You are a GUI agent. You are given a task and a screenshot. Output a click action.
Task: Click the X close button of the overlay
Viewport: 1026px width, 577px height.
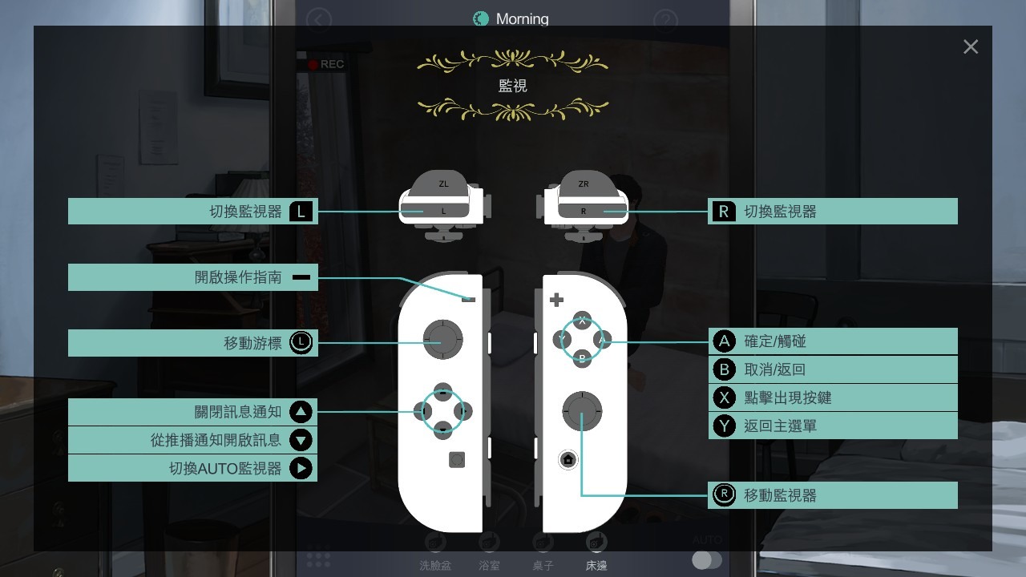[x=971, y=46]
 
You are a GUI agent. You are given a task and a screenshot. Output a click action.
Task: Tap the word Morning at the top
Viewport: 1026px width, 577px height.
[x=522, y=18]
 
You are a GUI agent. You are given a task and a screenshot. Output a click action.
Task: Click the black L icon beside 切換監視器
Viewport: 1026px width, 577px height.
[x=301, y=212]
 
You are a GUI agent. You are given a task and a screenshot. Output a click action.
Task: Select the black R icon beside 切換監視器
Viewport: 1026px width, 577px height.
[x=724, y=212]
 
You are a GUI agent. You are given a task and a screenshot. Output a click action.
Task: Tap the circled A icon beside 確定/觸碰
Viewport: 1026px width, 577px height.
[x=724, y=341]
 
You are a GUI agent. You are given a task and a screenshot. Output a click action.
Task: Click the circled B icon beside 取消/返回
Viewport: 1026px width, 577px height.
[x=724, y=369]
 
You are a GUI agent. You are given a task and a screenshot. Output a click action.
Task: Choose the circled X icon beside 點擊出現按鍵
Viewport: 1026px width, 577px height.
[x=724, y=398]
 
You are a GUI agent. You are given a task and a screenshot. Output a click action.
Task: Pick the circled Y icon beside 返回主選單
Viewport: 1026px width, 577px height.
[x=724, y=426]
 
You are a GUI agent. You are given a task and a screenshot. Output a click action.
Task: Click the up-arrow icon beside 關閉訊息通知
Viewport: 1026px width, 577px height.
[x=301, y=412]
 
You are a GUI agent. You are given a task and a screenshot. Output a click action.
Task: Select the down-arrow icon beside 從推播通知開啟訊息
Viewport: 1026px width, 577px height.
[x=301, y=440]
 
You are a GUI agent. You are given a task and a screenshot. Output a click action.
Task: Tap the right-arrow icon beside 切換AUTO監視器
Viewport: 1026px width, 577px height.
[x=301, y=469]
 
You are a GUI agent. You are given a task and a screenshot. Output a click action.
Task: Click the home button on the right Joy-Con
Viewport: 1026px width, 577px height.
[x=568, y=459]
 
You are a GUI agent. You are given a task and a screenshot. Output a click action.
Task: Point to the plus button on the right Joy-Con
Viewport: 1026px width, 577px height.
[x=556, y=300]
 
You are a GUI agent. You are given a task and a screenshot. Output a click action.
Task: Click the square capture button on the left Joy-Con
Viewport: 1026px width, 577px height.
[x=457, y=459]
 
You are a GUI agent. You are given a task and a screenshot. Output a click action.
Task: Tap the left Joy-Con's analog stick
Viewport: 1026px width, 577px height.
[x=443, y=340]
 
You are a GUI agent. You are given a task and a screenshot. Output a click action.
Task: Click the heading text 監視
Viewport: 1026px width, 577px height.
[x=512, y=86]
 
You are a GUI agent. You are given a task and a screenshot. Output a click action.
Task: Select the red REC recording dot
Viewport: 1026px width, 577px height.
[x=313, y=65]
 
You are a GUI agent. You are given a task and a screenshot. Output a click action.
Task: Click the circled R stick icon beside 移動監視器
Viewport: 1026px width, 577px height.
[x=724, y=495]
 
